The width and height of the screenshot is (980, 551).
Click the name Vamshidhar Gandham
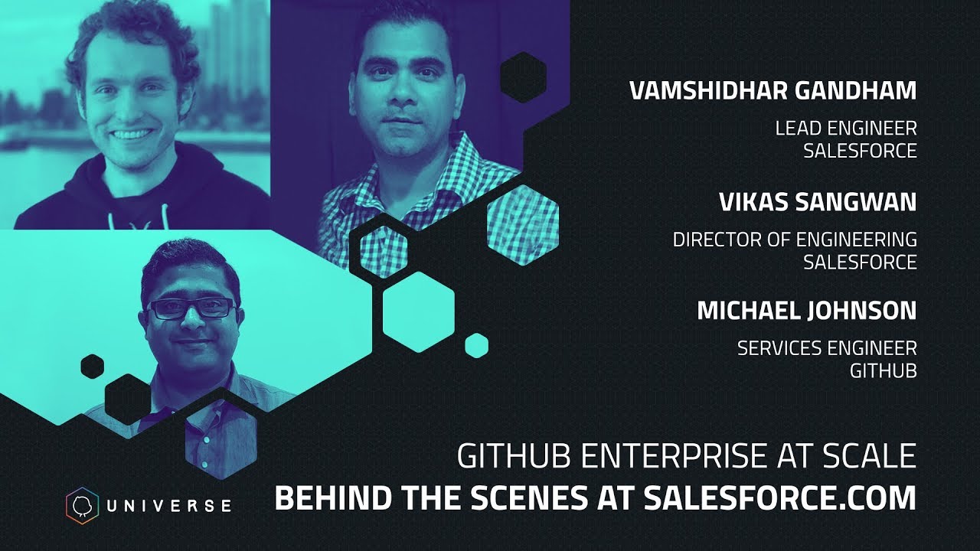[773, 90]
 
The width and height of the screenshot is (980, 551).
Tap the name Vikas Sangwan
[818, 202]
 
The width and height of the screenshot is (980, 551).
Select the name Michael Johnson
[806, 311]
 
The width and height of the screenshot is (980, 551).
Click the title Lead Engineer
[846, 128]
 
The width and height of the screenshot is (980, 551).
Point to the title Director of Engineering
[795, 240]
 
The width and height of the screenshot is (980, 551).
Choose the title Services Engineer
[827, 348]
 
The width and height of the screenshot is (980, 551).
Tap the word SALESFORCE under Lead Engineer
[860, 151]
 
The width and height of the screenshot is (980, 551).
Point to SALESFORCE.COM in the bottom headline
[779, 497]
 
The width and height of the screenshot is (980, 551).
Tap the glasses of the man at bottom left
[191, 308]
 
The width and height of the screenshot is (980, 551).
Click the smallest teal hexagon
[476, 345]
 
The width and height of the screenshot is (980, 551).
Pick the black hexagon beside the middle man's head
[523, 77]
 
